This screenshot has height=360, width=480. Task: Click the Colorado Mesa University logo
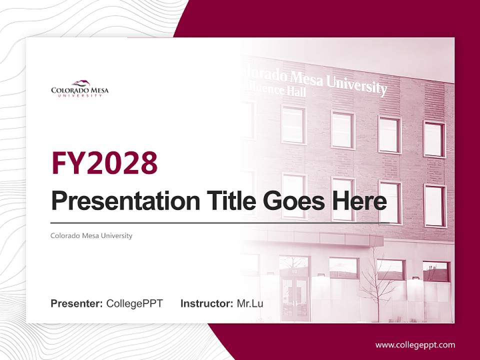point(79,88)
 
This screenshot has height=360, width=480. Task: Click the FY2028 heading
point(104,163)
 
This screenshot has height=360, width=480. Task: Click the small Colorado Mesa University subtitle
point(91,235)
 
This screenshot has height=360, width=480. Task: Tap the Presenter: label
point(77,303)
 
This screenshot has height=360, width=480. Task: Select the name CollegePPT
point(134,303)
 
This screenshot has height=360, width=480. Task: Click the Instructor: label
point(206,303)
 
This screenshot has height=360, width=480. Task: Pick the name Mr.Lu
point(249,303)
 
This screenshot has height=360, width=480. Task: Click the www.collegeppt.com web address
point(415,344)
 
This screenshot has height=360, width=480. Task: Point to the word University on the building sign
point(357,86)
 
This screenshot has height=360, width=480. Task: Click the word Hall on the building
point(296,92)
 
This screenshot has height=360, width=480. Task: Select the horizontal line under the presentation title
point(220,222)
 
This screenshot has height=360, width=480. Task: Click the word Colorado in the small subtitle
point(62,235)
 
